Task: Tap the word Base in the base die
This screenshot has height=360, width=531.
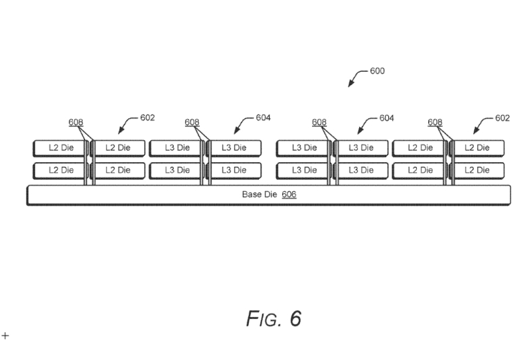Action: (252, 195)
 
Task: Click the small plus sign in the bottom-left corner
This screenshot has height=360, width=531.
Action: (6, 336)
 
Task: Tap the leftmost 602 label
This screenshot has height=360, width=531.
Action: (147, 118)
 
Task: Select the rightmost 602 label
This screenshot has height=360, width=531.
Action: (502, 118)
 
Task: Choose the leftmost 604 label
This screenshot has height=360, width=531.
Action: (263, 118)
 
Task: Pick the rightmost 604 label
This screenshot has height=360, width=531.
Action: (386, 118)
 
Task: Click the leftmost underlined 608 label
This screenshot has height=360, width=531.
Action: (76, 122)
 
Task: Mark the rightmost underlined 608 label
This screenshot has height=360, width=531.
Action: (435, 122)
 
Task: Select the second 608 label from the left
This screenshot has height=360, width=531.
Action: (192, 122)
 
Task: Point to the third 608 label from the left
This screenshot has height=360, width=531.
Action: (319, 122)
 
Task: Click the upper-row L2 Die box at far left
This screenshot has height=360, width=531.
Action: (60, 147)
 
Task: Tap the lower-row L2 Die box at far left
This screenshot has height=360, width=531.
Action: (60, 170)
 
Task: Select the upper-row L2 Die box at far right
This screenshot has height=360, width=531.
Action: (477, 147)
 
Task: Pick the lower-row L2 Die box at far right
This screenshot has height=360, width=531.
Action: (477, 170)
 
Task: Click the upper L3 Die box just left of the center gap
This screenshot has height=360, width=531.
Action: (235, 147)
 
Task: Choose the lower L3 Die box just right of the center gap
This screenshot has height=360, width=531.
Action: (302, 170)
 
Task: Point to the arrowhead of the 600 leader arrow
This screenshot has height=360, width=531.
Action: (351, 85)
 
